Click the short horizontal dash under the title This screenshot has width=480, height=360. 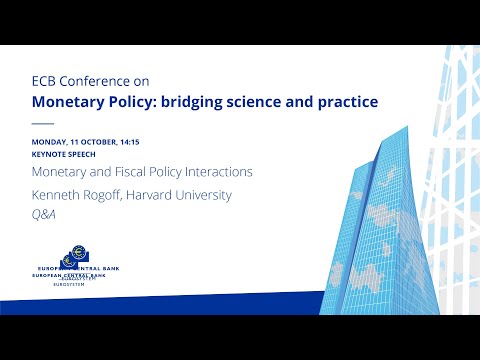[42, 124]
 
